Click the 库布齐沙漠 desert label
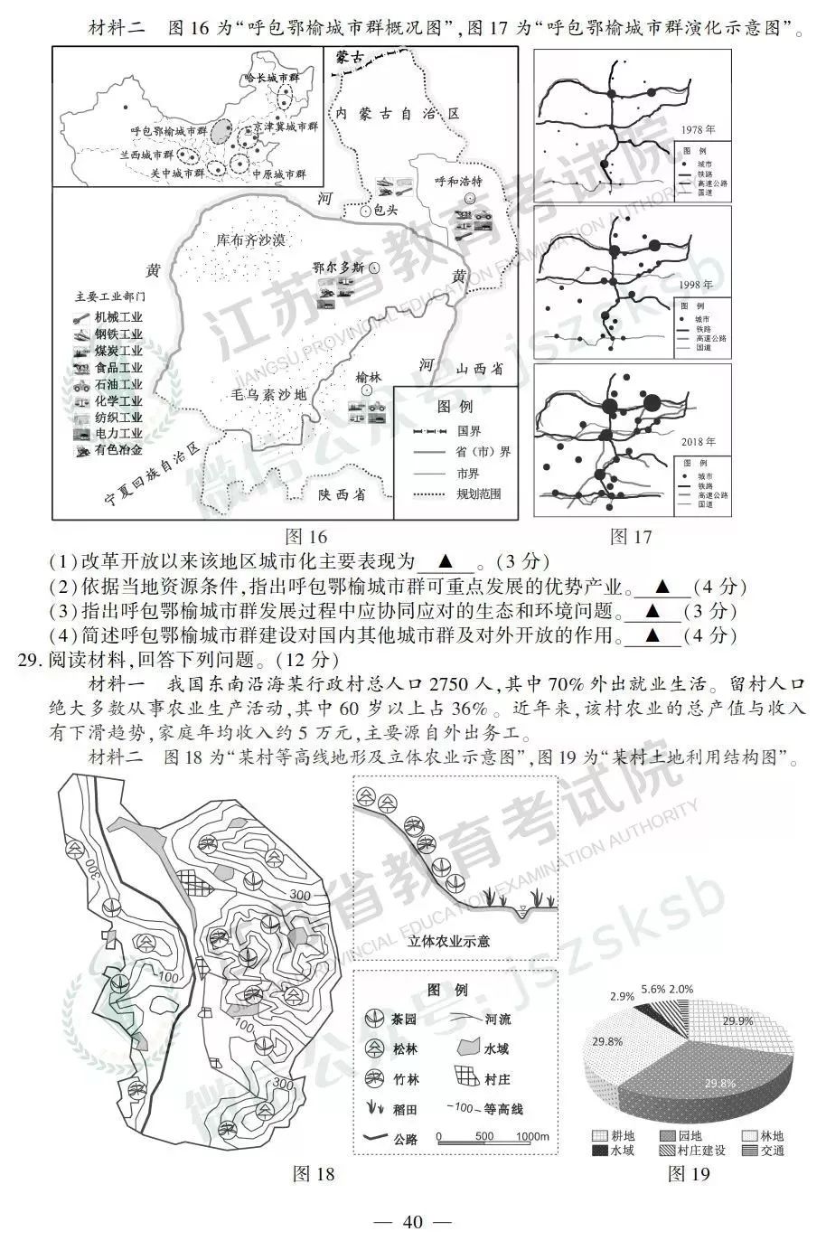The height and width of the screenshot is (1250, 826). [250, 240]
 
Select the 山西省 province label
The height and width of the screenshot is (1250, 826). [479, 370]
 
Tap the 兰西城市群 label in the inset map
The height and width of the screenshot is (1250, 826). [147, 155]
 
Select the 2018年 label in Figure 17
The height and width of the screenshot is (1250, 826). [698, 442]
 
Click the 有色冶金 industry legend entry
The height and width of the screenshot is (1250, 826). [118, 449]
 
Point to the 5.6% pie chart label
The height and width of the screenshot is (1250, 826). [652, 990]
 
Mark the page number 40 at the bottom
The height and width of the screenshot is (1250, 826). [413, 1222]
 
